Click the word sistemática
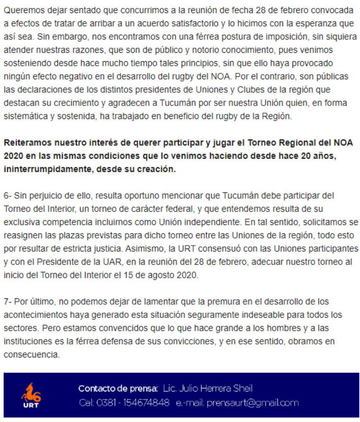pyautogui.click(x=24, y=117)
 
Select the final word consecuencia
pyautogui.click(x=31, y=355)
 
